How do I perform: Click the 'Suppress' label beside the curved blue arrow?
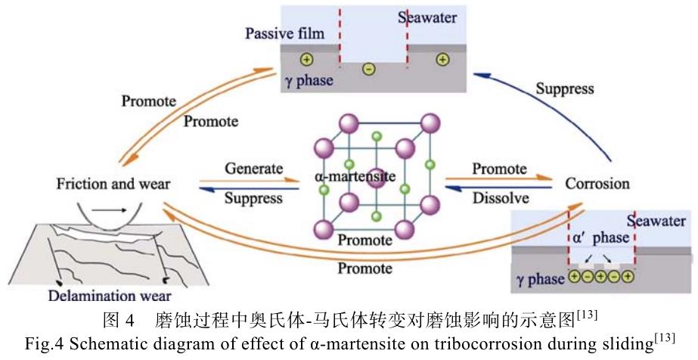[564, 88]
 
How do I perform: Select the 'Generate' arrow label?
[253, 169]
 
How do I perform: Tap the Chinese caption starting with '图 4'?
[349, 315]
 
